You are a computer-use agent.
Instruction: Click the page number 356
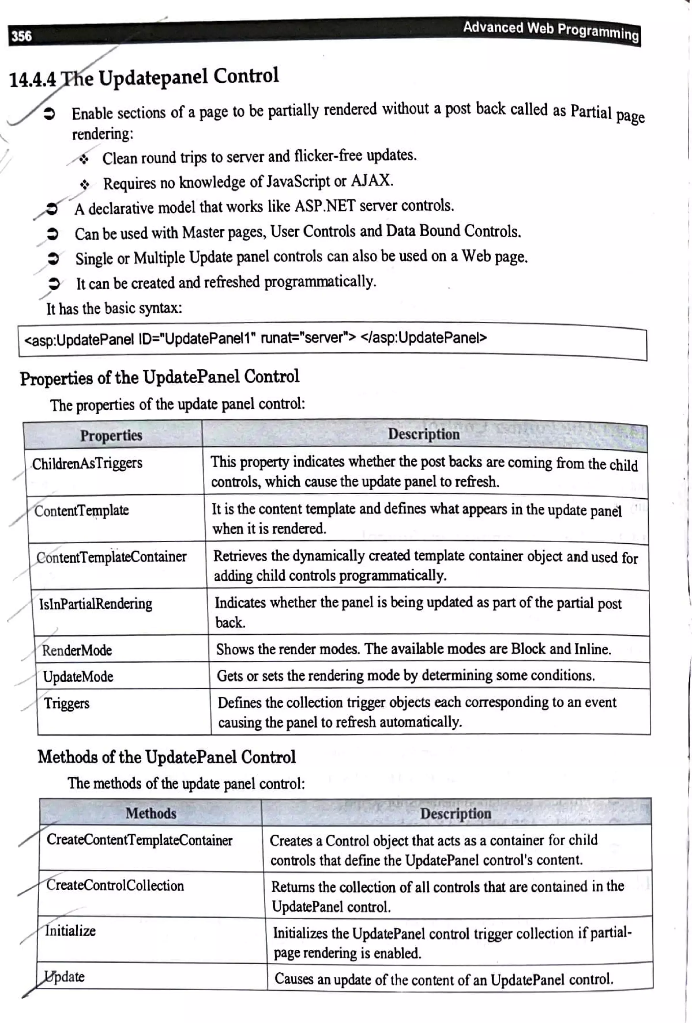21,36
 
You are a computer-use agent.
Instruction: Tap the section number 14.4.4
32,80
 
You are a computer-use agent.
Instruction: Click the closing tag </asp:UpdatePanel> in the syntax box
423,338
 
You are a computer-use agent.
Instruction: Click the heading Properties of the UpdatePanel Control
159,377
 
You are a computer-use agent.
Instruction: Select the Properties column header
111,435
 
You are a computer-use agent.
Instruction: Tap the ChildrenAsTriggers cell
87,464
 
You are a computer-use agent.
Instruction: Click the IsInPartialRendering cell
96,603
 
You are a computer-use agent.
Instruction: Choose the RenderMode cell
77,650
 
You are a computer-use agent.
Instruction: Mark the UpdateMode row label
78,677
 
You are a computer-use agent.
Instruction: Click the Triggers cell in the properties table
67,703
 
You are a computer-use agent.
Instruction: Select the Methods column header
151,813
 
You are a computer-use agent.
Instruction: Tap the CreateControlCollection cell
115,885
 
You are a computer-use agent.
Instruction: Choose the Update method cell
65,976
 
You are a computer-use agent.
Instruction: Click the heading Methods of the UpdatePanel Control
167,757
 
